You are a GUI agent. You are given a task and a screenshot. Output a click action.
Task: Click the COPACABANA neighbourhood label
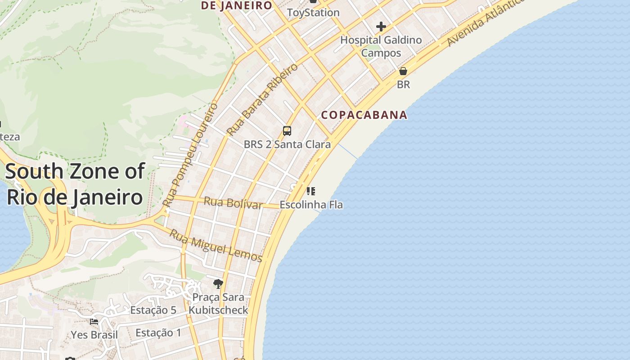[x=364, y=115]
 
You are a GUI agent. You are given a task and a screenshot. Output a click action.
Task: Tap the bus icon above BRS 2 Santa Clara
[x=287, y=131]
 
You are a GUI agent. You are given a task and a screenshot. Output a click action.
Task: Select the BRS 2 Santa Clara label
[x=287, y=144]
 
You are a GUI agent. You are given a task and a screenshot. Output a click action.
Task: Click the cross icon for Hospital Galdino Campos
[x=381, y=27]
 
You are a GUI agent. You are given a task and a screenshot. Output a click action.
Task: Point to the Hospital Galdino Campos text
[x=381, y=46]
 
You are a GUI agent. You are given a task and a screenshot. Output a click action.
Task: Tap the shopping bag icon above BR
[x=403, y=72]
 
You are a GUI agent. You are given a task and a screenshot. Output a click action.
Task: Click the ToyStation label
[x=313, y=13]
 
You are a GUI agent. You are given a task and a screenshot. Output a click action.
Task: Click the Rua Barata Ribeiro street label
[x=262, y=99]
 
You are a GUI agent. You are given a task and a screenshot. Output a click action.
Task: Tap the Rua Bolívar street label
[x=233, y=203]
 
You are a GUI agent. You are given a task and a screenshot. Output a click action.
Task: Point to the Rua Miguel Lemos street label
[x=216, y=245]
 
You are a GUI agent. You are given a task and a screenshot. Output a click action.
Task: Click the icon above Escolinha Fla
[x=310, y=191]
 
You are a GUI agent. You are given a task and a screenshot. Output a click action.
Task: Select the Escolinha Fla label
[x=311, y=205]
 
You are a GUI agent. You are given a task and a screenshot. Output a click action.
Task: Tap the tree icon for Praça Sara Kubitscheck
[x=218, y=283]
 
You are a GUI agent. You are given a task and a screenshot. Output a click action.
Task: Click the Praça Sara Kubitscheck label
[x=218, y=304]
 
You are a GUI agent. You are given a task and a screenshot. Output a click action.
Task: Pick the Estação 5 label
[x=153, y=310]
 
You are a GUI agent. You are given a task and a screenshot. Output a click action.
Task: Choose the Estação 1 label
[x=158, y=333]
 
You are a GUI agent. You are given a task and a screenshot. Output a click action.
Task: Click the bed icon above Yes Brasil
[x=94, y=322]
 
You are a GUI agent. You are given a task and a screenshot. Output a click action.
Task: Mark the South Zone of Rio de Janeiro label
[x=75, y=184]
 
